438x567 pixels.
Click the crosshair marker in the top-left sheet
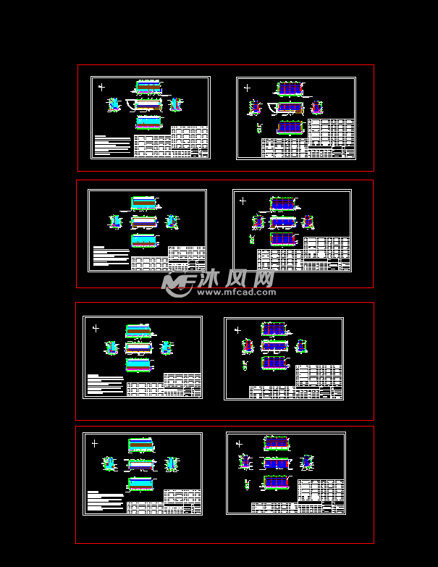pyautogui.click(x=101, y=87)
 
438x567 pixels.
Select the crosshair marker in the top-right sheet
pyautogui.click(x=247, y=88)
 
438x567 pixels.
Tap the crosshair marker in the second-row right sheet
pyautogui.click(x=243, y=201)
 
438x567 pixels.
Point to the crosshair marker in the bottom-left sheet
pyautogui.click(x=94, y=443)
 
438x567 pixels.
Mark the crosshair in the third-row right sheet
pyautogui.click(x=237, y=329)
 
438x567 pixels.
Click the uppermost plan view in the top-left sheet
pyautogui.click(x=148, y=87)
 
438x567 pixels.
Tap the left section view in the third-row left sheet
pyautogui.click(x=111, y=348)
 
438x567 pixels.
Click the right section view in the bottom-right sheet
pyautogui.click(x=306, y=462)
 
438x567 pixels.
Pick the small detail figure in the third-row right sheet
pyautogui.click(x=245, y=365)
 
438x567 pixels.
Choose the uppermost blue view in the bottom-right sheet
pyautogui.click(x=277, y=443)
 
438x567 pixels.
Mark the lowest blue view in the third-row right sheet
pyautogui.click(x=274, y=362)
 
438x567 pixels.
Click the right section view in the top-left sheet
pyautogui.click(x=174, y=104)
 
